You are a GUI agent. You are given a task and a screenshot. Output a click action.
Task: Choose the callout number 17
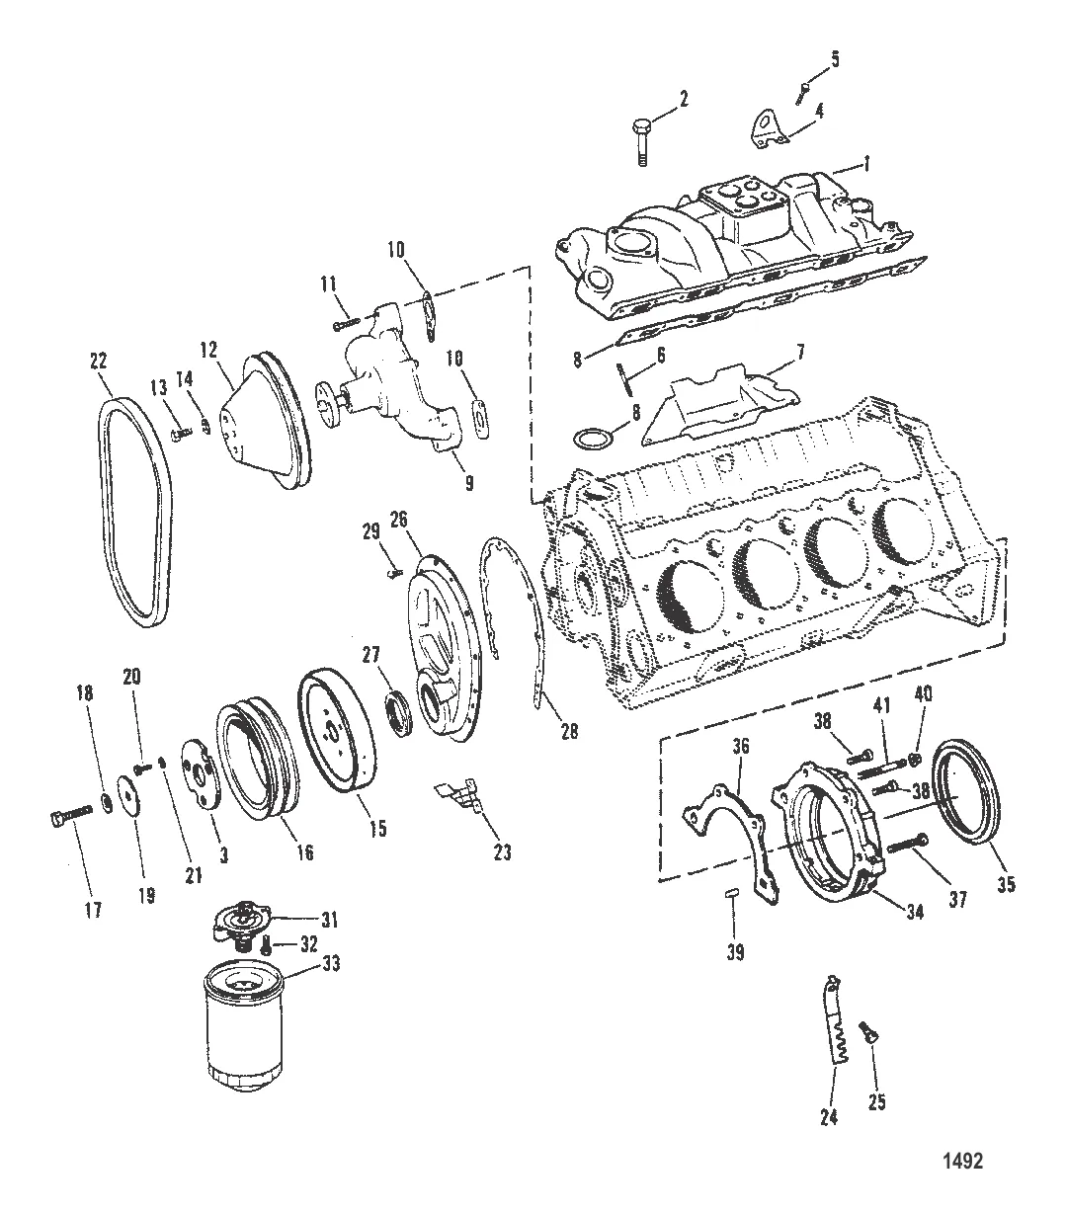[x=93, y=911]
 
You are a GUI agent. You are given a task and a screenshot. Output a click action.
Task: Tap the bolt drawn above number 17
[x=71, y=815]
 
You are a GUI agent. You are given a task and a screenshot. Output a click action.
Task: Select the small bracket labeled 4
[x=767, y=133]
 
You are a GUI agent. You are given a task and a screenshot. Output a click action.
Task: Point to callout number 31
[x=328, y=919]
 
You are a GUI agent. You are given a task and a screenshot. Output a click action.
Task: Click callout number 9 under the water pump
[x=469, y=483]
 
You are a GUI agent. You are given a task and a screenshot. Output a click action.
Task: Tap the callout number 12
[x=207, y=350]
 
